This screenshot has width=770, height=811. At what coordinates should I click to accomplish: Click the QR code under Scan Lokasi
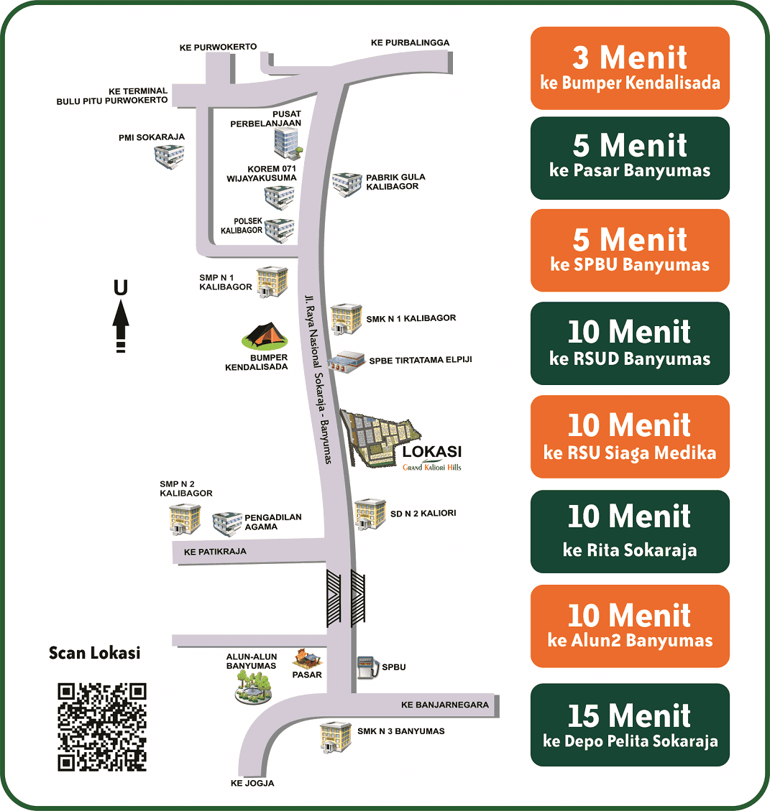[x=102, y=727]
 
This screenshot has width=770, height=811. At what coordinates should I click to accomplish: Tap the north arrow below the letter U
[x=121, y=326]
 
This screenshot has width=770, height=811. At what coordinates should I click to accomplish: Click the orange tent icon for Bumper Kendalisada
[x=265, y=336]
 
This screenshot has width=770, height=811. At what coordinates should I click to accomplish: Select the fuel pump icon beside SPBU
[x=367, y=667]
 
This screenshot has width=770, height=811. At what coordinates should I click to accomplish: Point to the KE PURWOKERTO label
[x=218, y=47]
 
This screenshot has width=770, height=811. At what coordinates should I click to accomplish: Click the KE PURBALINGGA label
[x=410, y=42]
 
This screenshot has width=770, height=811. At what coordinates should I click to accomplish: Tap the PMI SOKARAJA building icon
[x=170, y=157]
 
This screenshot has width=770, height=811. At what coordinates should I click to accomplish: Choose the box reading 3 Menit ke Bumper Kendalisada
[x=630, y=68]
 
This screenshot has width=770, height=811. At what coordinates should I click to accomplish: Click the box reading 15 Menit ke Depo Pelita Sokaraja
[x=630, y=725]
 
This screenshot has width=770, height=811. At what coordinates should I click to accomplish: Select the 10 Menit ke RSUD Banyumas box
[x=630, y=343]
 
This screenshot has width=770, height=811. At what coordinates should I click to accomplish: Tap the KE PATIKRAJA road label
[x=215, y=552]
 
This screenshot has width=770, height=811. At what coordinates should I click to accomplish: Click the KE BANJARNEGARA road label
[x=445, y=705]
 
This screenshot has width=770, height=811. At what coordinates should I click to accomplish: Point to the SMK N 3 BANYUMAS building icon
[x=336, y=737]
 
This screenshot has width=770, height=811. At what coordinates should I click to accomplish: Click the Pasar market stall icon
[x=308, y=659]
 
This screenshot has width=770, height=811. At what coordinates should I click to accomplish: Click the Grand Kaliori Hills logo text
[x=432, y=467]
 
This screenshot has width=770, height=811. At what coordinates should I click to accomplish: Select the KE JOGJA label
[x=252, y=783]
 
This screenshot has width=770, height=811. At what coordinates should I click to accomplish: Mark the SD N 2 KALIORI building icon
[x=370, y=514]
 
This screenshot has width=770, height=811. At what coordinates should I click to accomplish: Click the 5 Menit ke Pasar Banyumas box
[x=630, y=158]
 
